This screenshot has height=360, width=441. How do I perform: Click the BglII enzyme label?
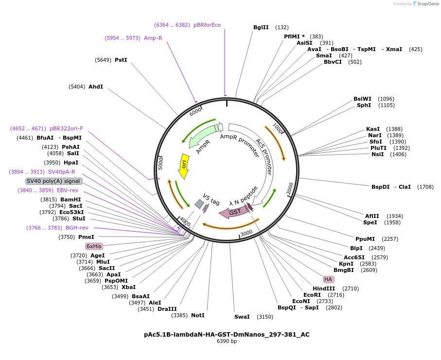click(261, 27)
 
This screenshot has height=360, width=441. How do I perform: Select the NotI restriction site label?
click(197, 315)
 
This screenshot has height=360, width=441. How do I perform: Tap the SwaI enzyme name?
click(242, 317)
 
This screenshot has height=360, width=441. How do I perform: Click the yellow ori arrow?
click(184, 165)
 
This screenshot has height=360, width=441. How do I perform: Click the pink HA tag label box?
click(328, 279)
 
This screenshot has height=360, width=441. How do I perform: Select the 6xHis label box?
click(94, 246)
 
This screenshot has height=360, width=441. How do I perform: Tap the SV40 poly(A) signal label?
click(53, 181)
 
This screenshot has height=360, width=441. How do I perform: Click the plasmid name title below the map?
click(227, 335)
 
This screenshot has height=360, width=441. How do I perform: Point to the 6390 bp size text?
click(227, 342)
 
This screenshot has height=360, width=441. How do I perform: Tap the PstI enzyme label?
click(121, 60)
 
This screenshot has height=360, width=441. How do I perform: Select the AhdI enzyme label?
click(95, 87)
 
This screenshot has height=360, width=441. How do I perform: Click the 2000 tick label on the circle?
click(290, 189)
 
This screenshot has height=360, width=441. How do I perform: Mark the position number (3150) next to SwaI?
click(265, 317)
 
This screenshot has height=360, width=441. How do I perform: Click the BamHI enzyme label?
click(71, 199)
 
